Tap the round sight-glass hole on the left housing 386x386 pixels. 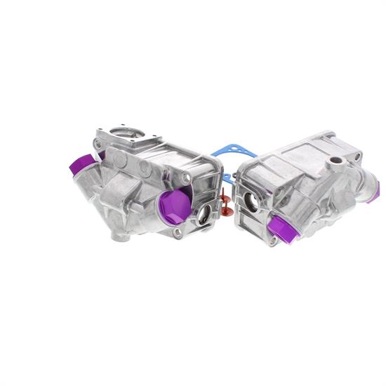pyautogui.click(x=204, y=215)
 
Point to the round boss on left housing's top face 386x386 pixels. pyautogui.click(x=144, y=168)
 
